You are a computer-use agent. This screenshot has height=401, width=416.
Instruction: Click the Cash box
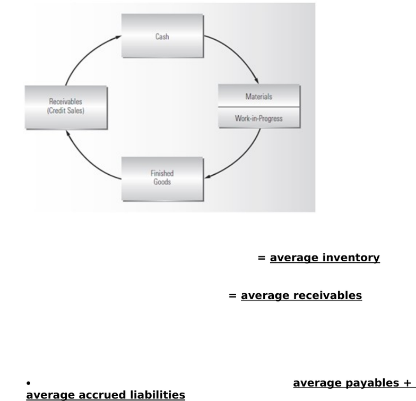coord(162,36)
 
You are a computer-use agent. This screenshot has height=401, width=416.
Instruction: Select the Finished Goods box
coord(162,179)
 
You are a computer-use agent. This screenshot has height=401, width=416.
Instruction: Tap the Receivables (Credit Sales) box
coord(66,107)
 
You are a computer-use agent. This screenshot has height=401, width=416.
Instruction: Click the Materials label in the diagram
coord(259,97)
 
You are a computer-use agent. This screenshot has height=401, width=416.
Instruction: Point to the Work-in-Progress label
coord(259,118)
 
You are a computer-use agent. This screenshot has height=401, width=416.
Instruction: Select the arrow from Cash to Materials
coord(237,53)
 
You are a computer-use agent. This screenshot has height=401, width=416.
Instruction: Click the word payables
coord(372,383)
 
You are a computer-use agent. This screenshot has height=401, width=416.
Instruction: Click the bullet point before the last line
coord(29,383)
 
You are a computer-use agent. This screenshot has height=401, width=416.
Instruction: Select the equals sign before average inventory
coord(262,258)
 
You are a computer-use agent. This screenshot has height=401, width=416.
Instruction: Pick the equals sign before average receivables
coord(232,295)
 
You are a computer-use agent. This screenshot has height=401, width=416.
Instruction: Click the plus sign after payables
coord(408,383)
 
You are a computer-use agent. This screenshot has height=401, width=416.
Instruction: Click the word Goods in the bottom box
coord(162,182)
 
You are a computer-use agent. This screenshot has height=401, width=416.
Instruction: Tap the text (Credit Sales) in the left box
coord(66,110)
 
